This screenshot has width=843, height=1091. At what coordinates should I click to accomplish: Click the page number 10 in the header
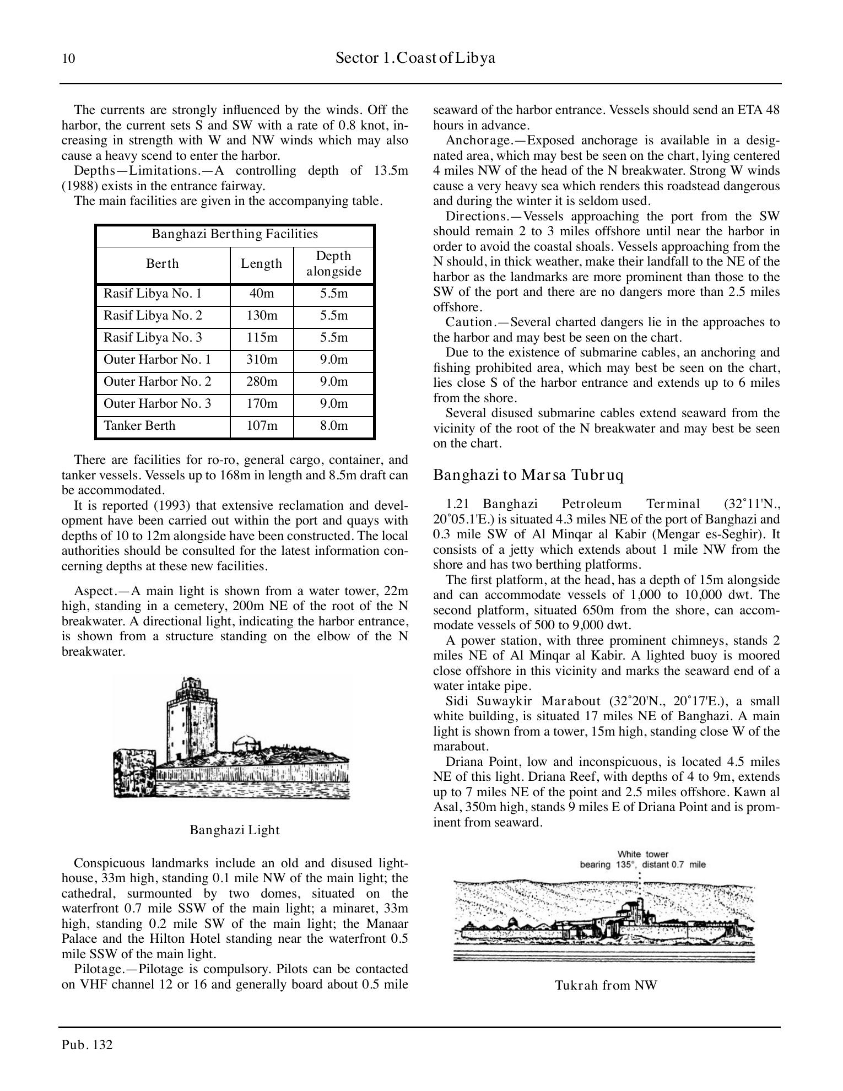(68, 59)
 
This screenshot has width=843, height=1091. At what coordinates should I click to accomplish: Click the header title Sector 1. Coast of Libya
(415, 58)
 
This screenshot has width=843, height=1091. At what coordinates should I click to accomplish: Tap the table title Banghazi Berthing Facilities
(235, 234)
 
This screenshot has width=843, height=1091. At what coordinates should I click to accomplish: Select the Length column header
(261, 264)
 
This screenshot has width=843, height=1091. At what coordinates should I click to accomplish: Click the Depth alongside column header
(333, 264)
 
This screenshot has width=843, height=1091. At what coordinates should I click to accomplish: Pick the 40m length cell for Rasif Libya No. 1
(261, 294)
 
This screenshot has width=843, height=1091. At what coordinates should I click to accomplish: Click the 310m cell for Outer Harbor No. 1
(261, 360)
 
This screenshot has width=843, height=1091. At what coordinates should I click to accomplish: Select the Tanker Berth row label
(139, 426)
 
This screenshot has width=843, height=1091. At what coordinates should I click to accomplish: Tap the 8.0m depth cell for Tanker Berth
(333, 426)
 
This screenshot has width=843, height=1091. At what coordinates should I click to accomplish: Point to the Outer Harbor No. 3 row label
(157, 404)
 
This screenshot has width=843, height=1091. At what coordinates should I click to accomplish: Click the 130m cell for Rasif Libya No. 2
(261, 316)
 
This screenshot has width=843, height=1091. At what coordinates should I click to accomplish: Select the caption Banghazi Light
(235, 830)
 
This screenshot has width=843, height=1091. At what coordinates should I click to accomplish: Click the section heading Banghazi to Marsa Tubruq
(528, 475)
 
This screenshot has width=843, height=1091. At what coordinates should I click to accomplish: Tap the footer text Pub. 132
(87, 1045)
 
